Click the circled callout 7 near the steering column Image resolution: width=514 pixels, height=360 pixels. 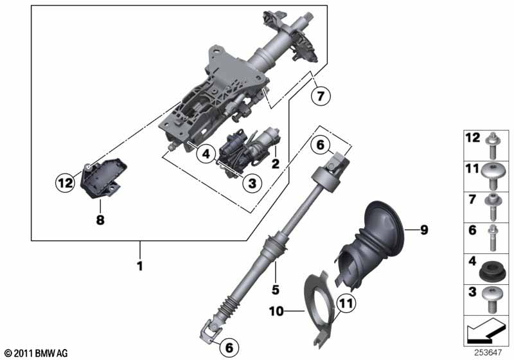coord(321,97)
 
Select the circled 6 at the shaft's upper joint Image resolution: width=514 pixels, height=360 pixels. coord(321,146)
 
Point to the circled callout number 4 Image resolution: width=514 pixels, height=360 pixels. coord(205,154)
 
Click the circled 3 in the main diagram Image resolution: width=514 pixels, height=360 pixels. coord(252,184)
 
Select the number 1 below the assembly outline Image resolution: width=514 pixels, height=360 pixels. coord(138,264)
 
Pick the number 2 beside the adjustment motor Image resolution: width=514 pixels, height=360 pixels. coord(276,164)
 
